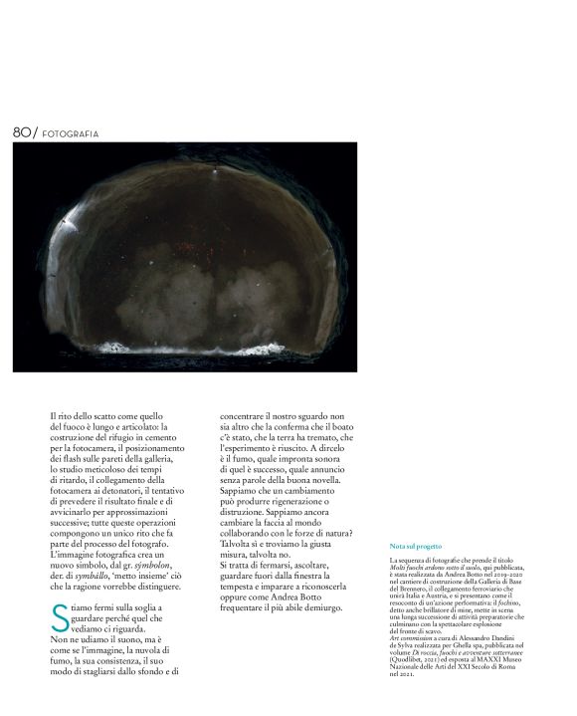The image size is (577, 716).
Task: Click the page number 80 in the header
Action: tap(21, 132)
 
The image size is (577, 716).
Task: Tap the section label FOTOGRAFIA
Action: tap(71, 133)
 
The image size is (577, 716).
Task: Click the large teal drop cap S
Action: tap(59, 616)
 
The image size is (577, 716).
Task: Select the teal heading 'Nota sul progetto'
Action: tap(415, 547)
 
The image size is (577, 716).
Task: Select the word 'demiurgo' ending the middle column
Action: tap(318, 606)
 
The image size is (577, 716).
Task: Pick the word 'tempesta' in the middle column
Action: tap(242, 585)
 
